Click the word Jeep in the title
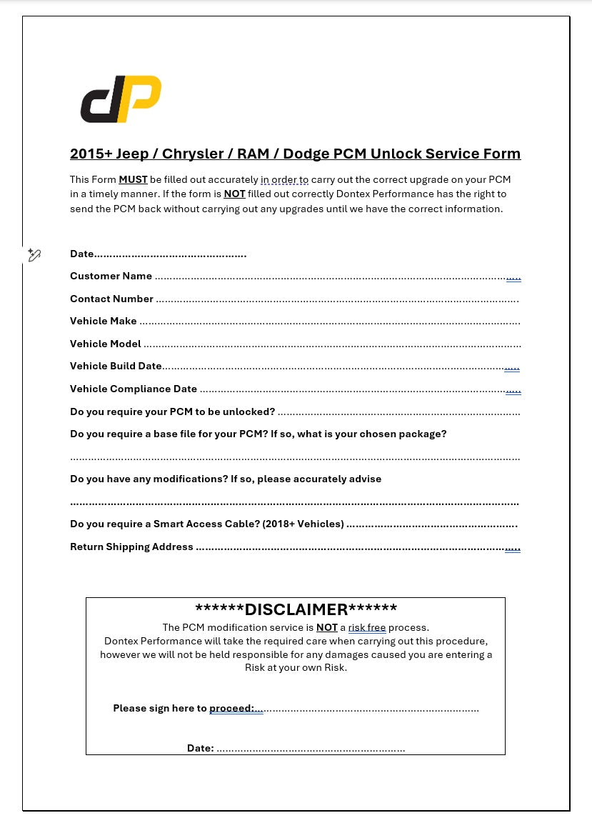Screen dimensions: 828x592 coord(133,154)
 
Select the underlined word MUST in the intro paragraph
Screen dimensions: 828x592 coord(133,179)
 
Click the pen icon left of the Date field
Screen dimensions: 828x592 coord(34,255)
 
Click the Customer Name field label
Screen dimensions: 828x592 coord(111,276)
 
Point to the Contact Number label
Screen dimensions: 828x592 coord(111,299)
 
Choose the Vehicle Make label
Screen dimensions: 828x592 coord(103,321)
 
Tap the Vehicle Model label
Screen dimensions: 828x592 coord(105,344)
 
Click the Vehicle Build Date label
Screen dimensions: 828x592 coord(116,366)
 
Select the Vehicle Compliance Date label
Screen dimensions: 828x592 coord(133,389)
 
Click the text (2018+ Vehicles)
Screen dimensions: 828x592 coord(303,524)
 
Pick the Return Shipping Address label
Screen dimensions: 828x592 coord(131,547)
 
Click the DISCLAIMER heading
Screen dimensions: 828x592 coord(296,609)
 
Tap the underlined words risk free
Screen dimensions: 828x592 coord(366,627)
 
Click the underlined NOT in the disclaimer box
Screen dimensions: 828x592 coord(326,627)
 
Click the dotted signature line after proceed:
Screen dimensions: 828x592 coord(371,709)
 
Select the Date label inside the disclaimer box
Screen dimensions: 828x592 coord(200,748)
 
